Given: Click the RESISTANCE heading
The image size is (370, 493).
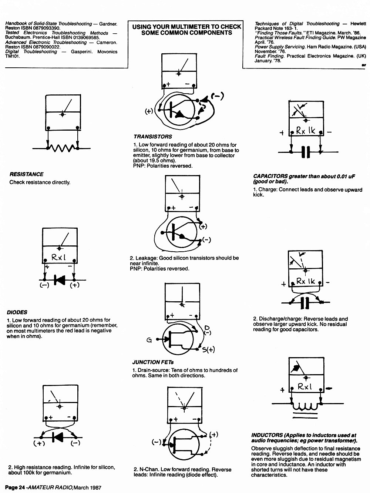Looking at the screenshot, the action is (x=27, y=174).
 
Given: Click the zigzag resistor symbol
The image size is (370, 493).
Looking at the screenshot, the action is (x=63, y=148).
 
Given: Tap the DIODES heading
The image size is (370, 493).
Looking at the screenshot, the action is (x=17, y=312).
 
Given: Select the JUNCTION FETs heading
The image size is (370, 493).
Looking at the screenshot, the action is (x=153, y=362).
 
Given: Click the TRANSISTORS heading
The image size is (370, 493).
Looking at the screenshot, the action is (x=153, y=137).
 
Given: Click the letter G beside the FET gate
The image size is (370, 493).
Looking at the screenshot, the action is (x=149, y=340).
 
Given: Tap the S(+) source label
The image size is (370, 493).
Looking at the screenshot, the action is (x=208, y=349).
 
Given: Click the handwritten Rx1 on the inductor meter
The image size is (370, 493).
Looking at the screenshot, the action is (x=305, y=386).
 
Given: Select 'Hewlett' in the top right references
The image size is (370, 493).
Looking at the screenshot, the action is (x=358, y=24).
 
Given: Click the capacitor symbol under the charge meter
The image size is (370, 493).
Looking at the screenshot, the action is (x=306, y=152).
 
